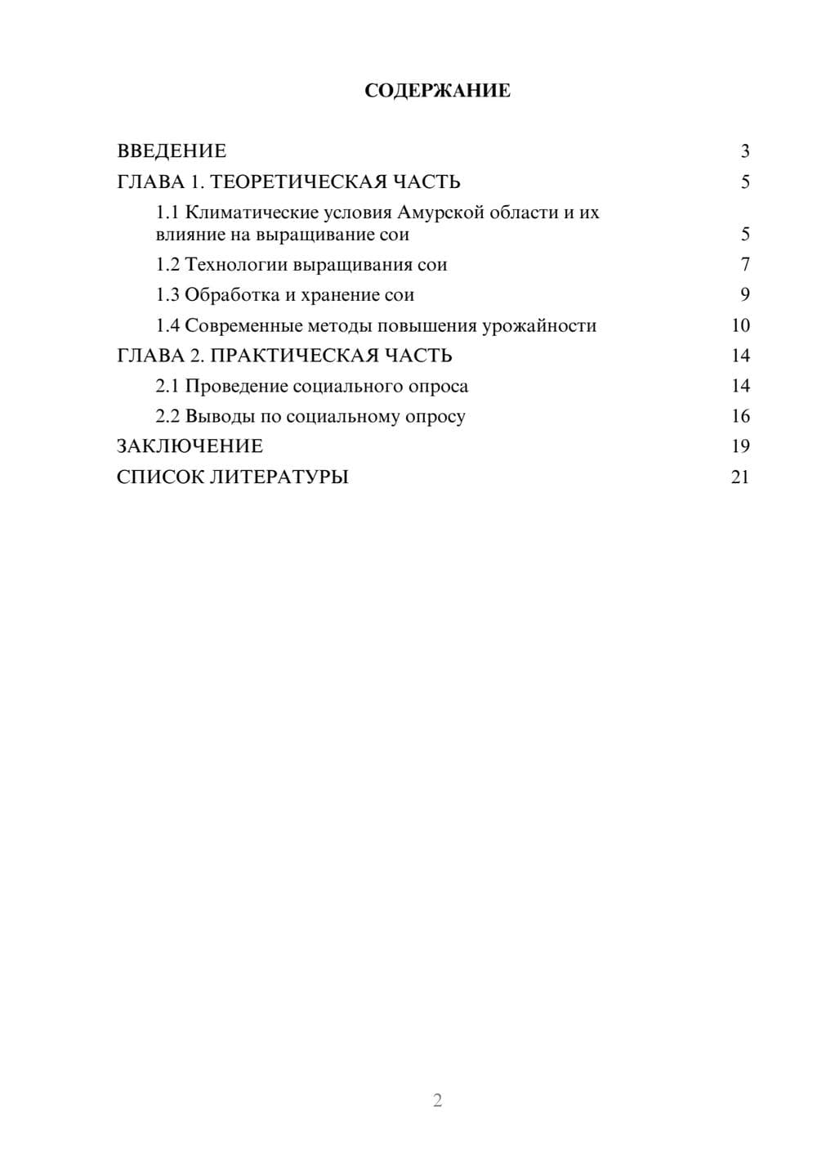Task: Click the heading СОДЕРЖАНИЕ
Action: (x=437, y=91)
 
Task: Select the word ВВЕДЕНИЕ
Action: (x=172, y=151)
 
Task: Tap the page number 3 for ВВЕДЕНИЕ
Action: (x=744, y=151)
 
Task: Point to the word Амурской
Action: (x=441, y=213)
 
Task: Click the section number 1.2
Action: (x=167, y=265)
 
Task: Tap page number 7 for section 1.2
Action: (x=744, y=265)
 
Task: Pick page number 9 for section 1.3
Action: (x=744, y=295)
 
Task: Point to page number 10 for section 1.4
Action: (x=740, y=325)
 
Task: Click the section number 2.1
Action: (x=167, y=386)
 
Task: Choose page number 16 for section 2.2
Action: (x=740, y=416)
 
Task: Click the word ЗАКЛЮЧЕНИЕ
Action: (x=190, y=446)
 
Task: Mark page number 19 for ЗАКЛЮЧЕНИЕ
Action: (x=740, y=446)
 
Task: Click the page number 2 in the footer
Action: (x=437, y=1100)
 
